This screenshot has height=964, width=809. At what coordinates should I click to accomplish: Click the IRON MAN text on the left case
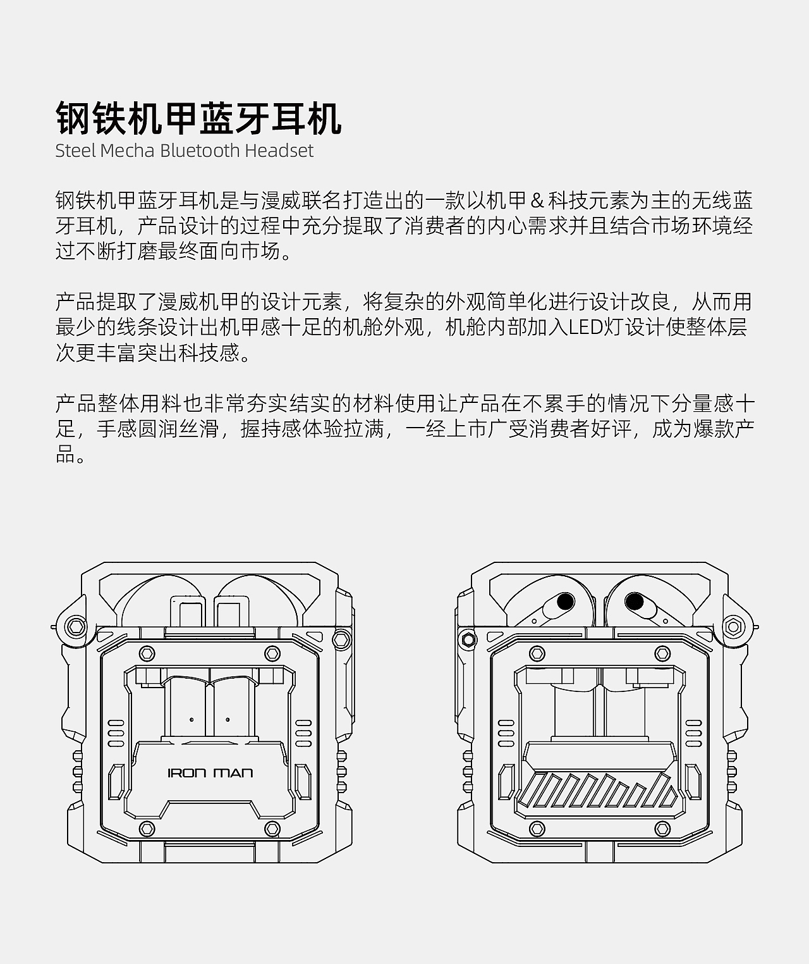tap(210, 773)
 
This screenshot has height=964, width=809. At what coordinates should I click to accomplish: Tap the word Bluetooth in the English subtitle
tap(200, 151)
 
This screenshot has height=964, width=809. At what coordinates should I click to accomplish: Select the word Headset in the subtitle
tap(279, 151)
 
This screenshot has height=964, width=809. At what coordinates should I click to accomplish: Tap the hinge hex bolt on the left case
tap(76, 626)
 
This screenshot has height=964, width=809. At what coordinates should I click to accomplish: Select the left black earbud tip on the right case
tap(564, 601)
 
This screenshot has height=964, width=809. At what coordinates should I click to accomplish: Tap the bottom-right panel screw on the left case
tap(272, 828)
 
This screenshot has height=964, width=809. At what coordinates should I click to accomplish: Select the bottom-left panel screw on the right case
tap(537, 828)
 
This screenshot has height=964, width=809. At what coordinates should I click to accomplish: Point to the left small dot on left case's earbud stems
tap(191, 719)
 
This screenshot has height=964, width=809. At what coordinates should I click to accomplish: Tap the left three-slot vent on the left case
tap(116, 732)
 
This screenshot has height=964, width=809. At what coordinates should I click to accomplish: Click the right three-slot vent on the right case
tap(694, 732)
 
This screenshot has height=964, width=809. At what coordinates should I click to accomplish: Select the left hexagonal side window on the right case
tap(506, 782)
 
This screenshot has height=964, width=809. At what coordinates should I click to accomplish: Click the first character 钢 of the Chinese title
tap(73, 119)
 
